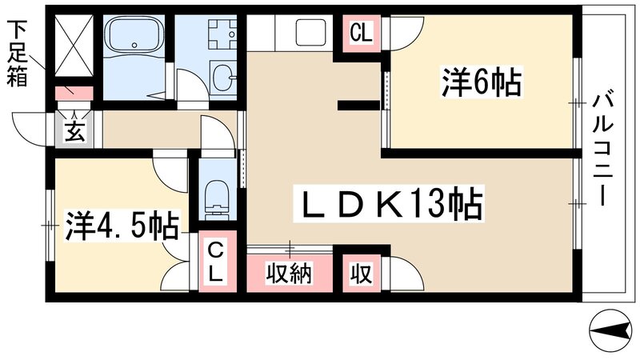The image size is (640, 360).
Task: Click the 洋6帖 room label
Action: pos(481,82)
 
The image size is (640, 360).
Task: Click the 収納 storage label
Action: pos(289,273)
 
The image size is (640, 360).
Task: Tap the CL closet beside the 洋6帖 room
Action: pos(361,34)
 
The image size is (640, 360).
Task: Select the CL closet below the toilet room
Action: pos(216,262)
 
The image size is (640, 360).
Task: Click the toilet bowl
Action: pos(215,196)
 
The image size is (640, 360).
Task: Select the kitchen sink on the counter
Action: pos(309,33)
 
